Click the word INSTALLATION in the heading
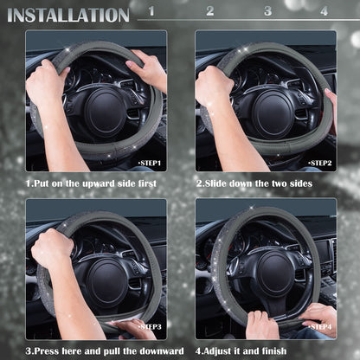[68, 15]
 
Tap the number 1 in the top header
[151, 11]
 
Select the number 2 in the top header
[209, 11]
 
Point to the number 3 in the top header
[267, 11]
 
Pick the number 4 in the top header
[324, 11]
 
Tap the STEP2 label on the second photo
[320, 162]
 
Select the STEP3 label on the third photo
[151, 326]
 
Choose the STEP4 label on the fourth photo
[320, 326]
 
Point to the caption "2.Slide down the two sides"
[254, 183]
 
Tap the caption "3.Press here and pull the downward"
[105, 350]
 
